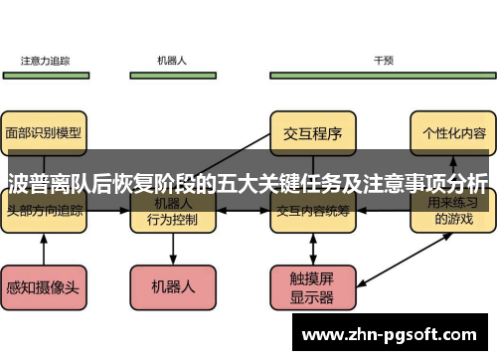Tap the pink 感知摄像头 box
click(x=45, y=286)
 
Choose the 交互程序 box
click(x=312, y=131)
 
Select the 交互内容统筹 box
click(x=312, y=211)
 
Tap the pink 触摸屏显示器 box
click(x=312, y=286)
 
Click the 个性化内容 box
click(x=453, y=131)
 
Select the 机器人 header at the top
click(x=172, y=61)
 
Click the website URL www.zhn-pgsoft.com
click(x=395, y=335)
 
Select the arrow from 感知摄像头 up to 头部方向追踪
click(x=45, y=249)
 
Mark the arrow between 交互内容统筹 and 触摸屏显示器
click(x=312, y=249)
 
